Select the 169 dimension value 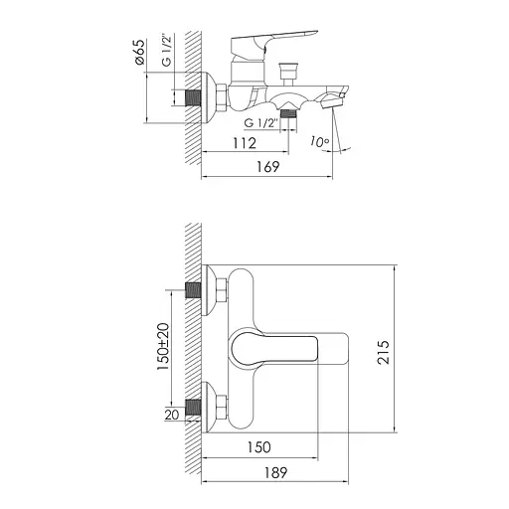point(264,168)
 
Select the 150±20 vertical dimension point(161,349)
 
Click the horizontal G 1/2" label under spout point(261,121)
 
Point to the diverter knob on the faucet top point(290,73)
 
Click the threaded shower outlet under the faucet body point(288,114)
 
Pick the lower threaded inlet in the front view point(194,407)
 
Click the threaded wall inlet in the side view point(194,98)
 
